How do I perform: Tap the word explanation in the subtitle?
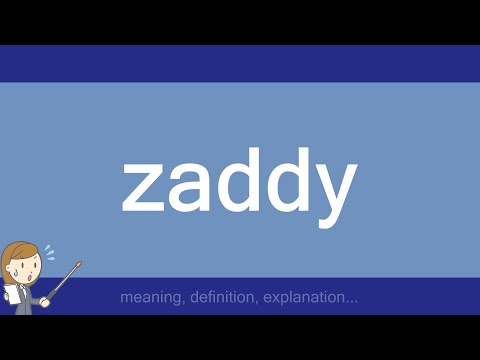[x=298, y=298]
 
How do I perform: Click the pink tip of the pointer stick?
[x=79, y=265]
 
